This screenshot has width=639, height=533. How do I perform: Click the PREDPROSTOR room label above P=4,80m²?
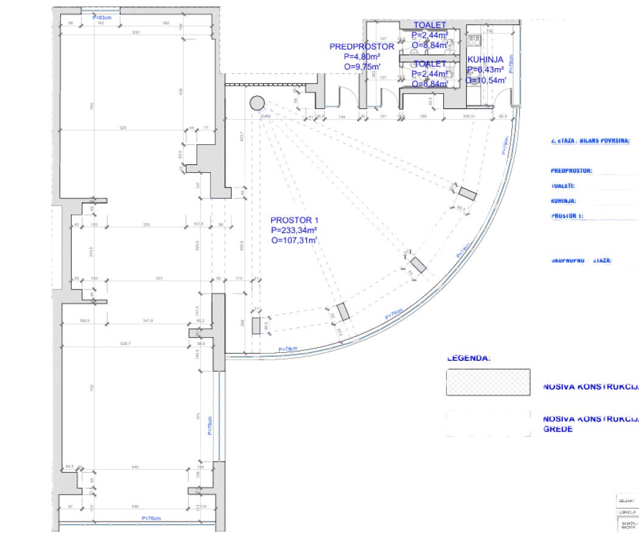[361, 46]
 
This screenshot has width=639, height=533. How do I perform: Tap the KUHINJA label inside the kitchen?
[485, 60]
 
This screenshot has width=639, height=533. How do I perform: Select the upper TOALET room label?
[430, 25]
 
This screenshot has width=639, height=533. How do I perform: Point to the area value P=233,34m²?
[295, 230]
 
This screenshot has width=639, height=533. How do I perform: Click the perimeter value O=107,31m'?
[295, 240]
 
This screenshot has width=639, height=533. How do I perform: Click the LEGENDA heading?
[469, 358]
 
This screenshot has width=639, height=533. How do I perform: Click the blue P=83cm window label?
[102, 18]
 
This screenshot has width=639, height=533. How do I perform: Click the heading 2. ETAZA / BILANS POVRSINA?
[591, 141]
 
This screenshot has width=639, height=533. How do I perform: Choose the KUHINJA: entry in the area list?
[564, 201]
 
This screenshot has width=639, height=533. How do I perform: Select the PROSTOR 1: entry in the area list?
[567, 215]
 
